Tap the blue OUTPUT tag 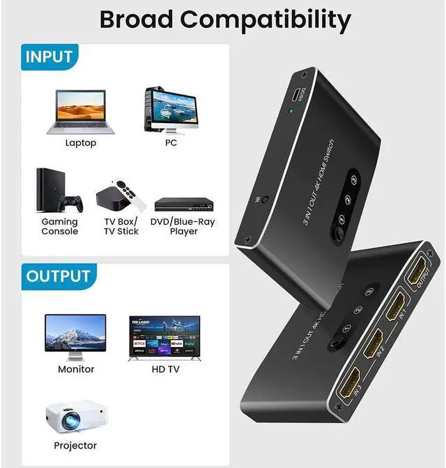point(58,276)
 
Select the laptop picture point(80,112)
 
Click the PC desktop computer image point(170,111)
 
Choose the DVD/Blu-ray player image point(182,204)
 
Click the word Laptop point(81,143)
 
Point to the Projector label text point(75,445)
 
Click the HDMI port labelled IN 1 point(398,304)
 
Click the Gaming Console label point(60,227)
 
